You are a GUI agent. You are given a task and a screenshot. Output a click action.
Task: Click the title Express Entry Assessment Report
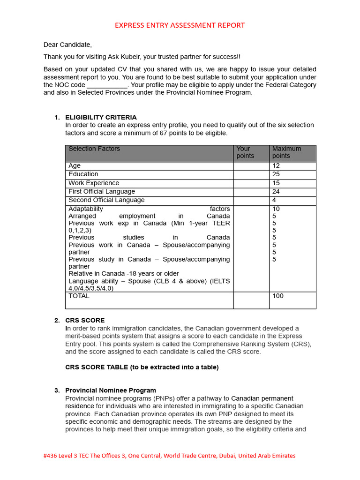[x=180, y=25]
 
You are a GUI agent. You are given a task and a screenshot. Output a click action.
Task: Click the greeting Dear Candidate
[x=67, y=45]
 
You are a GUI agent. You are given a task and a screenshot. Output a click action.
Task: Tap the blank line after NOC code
[x=107, y=85]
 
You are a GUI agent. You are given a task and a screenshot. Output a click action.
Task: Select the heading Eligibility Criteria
[x=101, y=117]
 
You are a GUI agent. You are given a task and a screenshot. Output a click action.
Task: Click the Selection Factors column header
[x=94, y=149]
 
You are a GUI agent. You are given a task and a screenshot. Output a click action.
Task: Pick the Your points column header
[x=245, y=152]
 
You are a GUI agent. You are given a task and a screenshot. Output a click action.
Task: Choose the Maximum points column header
[x=286, y=152]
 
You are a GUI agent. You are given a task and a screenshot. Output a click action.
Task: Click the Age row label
[x=75, y=166]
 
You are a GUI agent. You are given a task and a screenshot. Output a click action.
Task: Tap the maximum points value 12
[x=276, y=166]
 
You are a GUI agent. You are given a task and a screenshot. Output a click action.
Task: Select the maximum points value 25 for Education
[x=276, y=174]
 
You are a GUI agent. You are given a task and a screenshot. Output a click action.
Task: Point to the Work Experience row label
[x=94, y=183]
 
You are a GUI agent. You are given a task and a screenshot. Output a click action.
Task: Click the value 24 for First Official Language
[x=276, y=192]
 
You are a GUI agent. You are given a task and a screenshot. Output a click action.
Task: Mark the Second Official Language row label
[x=106, y=200]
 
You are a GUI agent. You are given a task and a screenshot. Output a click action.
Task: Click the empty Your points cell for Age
[x=251, y=166]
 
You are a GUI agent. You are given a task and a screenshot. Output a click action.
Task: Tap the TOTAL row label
[x=79, y=296]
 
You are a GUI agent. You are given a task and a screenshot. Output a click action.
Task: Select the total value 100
[x=277, y=296]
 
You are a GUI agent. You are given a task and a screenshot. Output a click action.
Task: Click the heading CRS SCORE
[x=85, y=321]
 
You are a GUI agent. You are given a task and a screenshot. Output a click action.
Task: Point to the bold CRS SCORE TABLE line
[x=142, y=367]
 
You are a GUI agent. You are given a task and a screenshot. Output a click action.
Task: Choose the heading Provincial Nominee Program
[x=111, y=390]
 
